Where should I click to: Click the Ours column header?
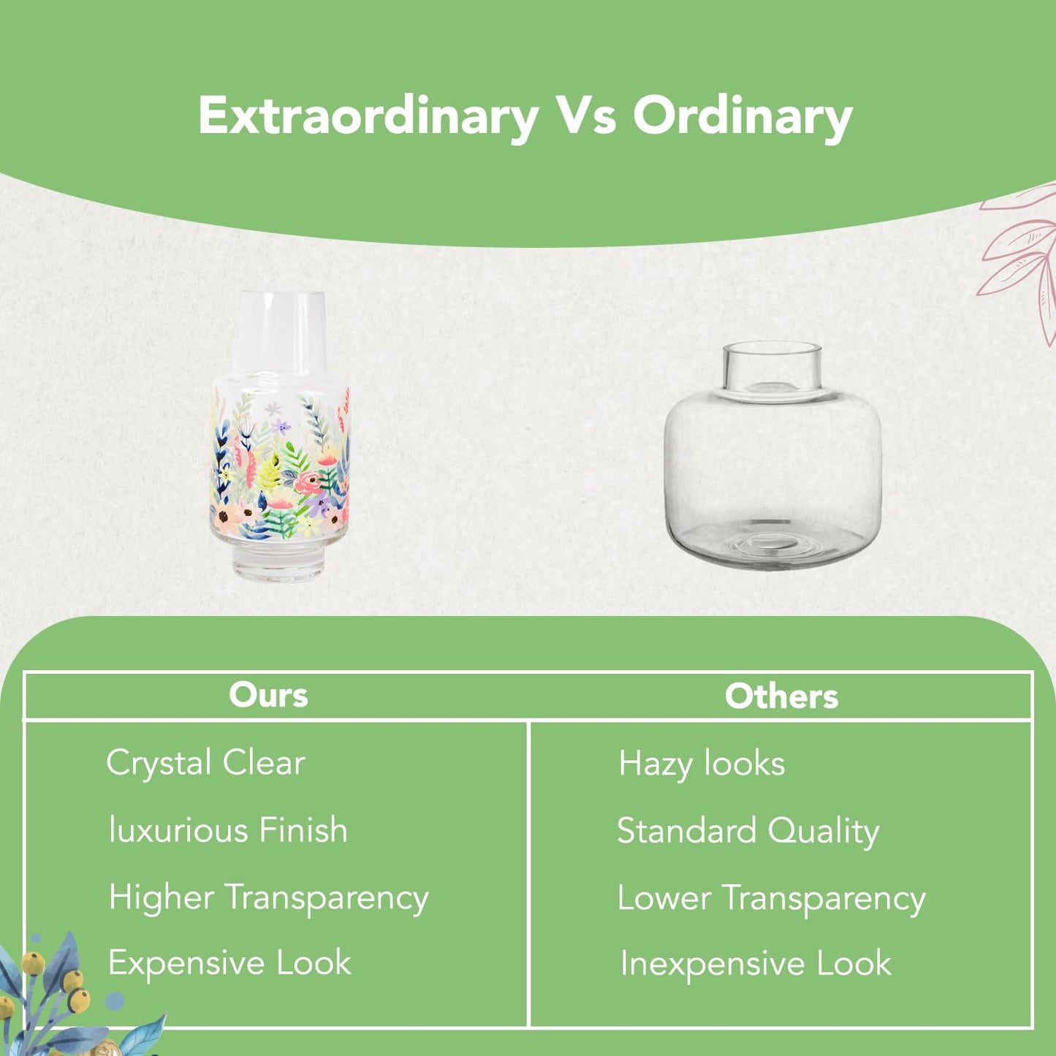[268, 696]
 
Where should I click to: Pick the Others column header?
[781, 696]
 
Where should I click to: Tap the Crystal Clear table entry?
[205, 764]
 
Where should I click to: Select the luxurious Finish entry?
[228, 829]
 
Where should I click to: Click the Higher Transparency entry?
[268, 899]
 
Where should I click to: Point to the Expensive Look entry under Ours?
[229, 963]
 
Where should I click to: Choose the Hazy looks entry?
[702, 764]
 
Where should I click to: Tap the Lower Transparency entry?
[772, 899]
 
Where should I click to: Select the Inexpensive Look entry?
[756, 965]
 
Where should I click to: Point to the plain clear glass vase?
[772, 455]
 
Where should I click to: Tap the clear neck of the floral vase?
[280, 332]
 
